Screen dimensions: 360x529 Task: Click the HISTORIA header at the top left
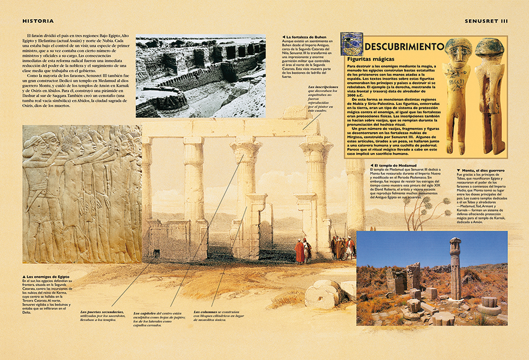[x=38, y=21]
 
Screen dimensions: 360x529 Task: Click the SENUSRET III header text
[x=486, y=21]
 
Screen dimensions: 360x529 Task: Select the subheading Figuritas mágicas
[x=371, y=59]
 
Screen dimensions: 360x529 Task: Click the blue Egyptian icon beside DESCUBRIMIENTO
[x=352, y=44]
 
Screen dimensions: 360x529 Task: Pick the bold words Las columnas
[x=207, y=311]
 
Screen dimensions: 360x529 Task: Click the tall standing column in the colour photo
[x=455, y=267]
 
